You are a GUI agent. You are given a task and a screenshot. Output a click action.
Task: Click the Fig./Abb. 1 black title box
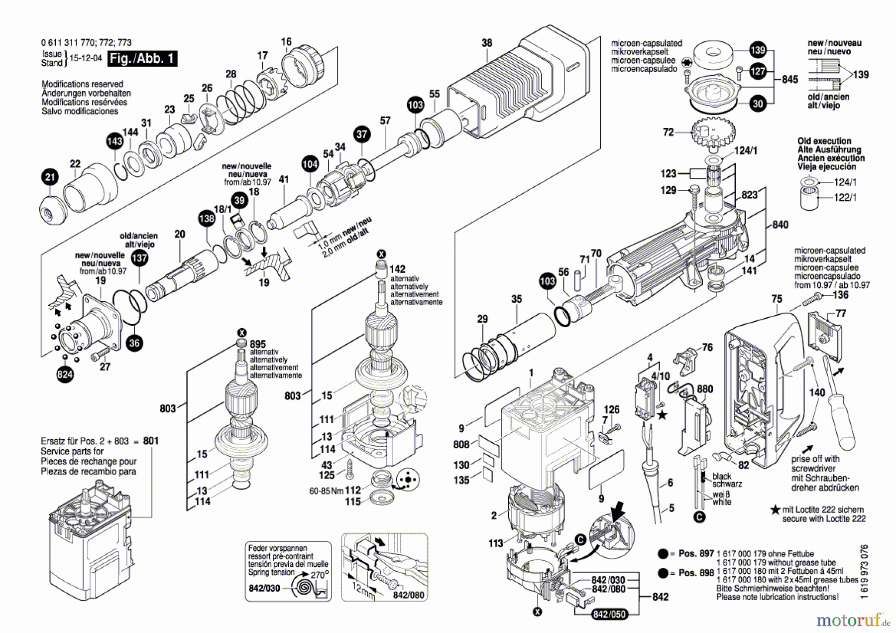click(x=142, y=58)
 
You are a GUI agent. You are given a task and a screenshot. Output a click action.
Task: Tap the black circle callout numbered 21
click(x=50, y=177)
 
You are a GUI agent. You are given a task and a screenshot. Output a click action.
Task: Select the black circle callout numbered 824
click(x=65, y=375)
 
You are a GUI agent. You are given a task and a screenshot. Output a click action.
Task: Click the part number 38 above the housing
click(x=487, y=43)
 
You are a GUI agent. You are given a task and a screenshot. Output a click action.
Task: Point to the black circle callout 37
click(x=362, y=134)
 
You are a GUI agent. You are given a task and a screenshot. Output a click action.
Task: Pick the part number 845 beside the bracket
click(x=789, y=79)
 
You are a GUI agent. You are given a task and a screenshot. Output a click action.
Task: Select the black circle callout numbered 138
click(x=207, y=218)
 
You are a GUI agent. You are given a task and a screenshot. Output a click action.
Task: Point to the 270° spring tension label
click(x=318, y=575)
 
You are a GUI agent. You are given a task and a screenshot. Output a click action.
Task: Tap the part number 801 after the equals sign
click(x=151, y=441)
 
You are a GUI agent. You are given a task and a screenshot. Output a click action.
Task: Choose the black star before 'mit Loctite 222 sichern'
click(x=775, y=509)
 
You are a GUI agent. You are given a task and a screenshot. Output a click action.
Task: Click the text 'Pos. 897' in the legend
click(x=696, y=553)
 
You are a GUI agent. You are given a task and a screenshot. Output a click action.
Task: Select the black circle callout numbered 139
click(x=758, y=50)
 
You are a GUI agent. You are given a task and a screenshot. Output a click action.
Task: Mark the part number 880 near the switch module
click(x=705, y=389)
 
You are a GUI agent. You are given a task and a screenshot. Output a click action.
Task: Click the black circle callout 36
click(x=134, y=343)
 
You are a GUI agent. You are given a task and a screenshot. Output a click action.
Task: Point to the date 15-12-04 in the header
click(x=86, y=58)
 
